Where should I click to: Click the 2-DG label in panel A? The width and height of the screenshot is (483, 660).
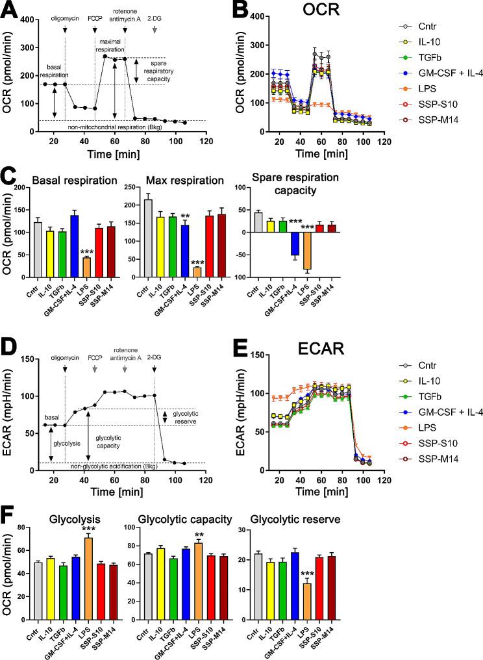point(155,19)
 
